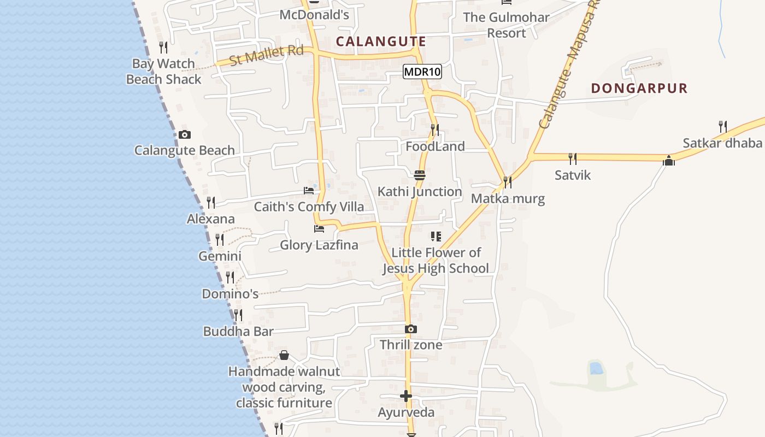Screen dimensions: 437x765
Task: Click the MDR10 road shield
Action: click(422, 72)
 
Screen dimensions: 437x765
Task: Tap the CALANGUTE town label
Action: click(381, 42)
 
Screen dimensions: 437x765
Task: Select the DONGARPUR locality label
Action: click(639, 88)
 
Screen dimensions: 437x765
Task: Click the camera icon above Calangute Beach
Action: click(185, 134)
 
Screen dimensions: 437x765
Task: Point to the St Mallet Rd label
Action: click(266, 55)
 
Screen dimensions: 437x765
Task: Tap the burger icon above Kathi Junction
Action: click(420, 176)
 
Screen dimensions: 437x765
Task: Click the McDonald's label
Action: click(314, 15)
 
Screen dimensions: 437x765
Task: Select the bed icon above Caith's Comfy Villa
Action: click(309, 191)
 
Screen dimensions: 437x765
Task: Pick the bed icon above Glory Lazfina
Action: click(319, 229)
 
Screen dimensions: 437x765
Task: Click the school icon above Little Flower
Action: click(436, 237)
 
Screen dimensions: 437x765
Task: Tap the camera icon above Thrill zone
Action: click(411, 329)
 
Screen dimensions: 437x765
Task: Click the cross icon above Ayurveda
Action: click(406, 396)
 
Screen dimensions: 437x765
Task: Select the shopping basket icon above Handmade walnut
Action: click(284, 356)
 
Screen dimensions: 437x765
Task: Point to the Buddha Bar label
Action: click(238, 332)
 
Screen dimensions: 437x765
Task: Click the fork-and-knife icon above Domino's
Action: click(230, 277)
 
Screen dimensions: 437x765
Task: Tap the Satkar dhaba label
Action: click(722, 143)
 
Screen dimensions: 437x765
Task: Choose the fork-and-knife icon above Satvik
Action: click(572, 159)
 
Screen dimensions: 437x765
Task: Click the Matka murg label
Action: click(508, 198)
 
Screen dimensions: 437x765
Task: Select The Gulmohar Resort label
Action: click(506, 25)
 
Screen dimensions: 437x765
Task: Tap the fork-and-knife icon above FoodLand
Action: click(435, 130)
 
